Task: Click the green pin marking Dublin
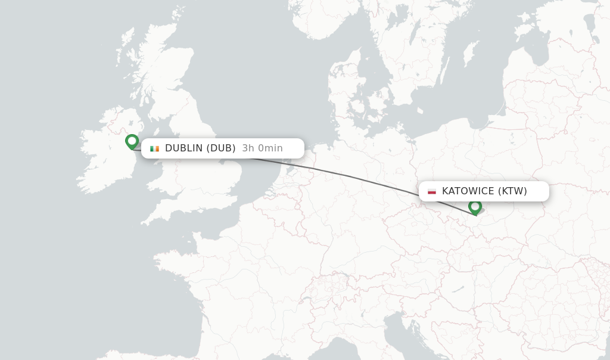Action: [132, 141]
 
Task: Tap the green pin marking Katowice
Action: [475, 206]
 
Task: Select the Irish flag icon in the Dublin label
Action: [155, 148]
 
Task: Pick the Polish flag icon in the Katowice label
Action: [432, 191]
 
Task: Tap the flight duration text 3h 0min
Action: [262, 148]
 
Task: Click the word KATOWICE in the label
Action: [468, 191]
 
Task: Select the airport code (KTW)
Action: [512, 191]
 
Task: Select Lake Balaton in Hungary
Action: [457, 289]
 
